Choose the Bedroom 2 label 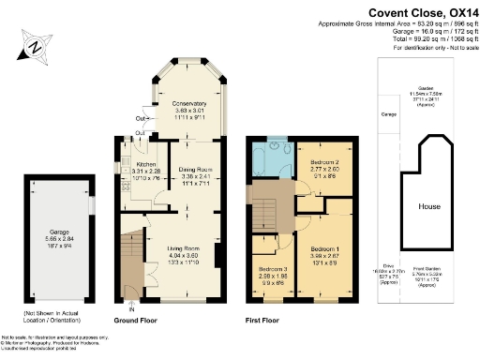pyautogui.click(x=323, y=160)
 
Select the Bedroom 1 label pyautogui.click(x=323, y=249)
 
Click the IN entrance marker pyautogui.click(x=131, y=308)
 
